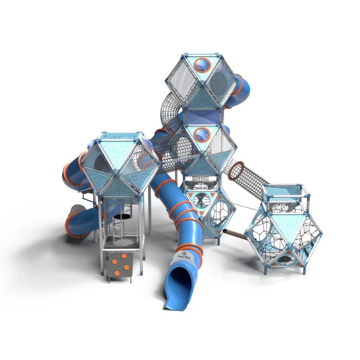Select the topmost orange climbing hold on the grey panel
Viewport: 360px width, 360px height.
tap(124, 256)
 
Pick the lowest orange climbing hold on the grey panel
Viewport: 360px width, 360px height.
tap(117, 273)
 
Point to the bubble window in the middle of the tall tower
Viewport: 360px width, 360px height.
tap(202, 135)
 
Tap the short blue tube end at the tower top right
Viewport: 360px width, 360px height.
tap(237, 91)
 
